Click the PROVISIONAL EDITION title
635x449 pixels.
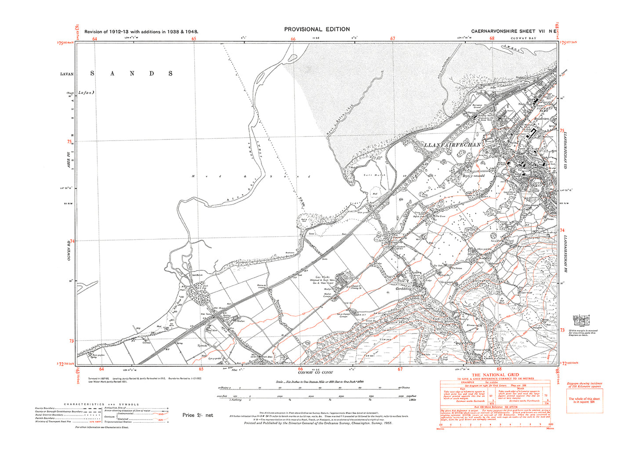point(317,29)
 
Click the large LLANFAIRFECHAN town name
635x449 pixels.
point(452,145)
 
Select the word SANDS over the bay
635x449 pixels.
point(131,73)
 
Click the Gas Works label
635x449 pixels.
point(325,277)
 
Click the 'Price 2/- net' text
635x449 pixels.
point(198,415)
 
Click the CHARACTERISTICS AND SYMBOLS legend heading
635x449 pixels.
point(101,404)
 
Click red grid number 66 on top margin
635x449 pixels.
point(293,39)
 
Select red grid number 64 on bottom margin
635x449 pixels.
point(102,369)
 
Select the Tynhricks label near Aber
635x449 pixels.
point(203,345)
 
